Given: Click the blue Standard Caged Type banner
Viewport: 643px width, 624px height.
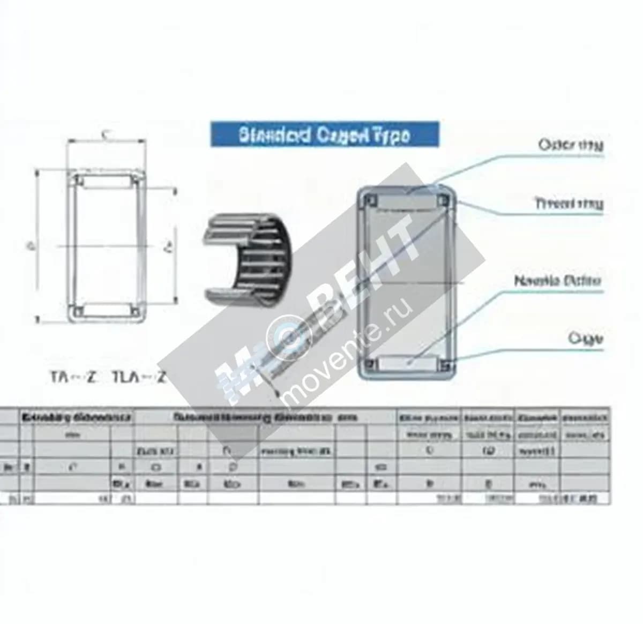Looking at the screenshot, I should tap(324, 135).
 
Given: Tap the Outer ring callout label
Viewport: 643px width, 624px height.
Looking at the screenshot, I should tap(570, 145).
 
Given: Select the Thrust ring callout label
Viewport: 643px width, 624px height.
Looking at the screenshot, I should tap(569, 204).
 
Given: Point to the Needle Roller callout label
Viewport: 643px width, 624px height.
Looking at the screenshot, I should tap(557, 281).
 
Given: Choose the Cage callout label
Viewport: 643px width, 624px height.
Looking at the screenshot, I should tap(585, 339).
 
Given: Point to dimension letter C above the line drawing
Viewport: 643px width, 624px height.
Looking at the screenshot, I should tap(106, 135).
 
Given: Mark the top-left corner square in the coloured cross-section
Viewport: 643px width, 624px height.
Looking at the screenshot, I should tap(369, 201).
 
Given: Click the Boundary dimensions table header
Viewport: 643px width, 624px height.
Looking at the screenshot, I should tap(76, 417).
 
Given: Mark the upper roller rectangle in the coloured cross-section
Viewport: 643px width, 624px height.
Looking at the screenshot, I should tap(407, 202).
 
